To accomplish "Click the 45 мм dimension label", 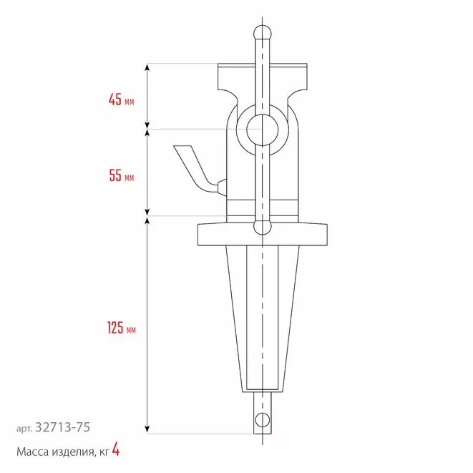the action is (x=121, y=99).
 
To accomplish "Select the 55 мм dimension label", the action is (x=121, y=175).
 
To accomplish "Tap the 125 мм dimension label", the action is (x=122, y=328).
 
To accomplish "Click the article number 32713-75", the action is (x=63, y=427).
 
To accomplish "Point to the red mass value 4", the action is (x=116, y=449).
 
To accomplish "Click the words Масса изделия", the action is (x=55, y=452).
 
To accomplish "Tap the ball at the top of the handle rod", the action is (x=263, y=33).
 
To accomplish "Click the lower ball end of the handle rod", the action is (x=263, y=227).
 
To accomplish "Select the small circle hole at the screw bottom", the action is (x=262, y=419).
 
